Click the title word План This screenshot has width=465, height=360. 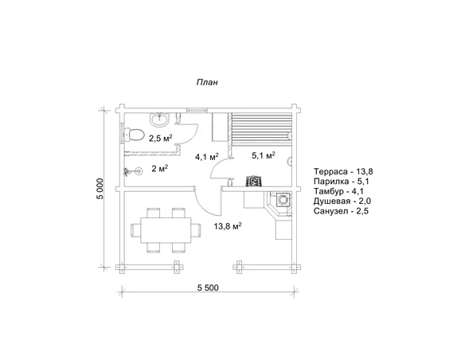(x=207, y=82)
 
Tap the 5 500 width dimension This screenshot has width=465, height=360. (x=208, y=288)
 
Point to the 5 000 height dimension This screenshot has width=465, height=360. (x=101, y=189)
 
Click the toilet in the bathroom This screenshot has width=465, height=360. (x=134, y=135)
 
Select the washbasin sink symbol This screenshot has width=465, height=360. (x=160, y=119)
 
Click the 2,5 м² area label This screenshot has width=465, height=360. (x=161, y=138)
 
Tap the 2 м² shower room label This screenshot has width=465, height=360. (x=160, y=169)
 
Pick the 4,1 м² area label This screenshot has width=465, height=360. (x=207, y=157)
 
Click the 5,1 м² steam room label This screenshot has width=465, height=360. (x=264, y=155)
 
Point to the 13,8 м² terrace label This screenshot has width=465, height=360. (x=228, y=226)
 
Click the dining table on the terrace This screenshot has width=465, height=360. (x=166, y=230)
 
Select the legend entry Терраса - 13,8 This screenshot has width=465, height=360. (x=343, y=171)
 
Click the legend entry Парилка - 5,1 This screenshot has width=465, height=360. (x=342, y=181)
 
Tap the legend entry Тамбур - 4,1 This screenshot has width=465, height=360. (x=339, y=191)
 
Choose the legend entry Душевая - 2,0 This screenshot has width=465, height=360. (x=342, y=201)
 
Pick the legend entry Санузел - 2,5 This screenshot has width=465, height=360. (x=341, y=211)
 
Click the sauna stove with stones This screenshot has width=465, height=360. (x=254, y=181)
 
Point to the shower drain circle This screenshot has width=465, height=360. (x=138, y=170)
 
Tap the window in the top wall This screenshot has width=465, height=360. (x=197, y=110)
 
